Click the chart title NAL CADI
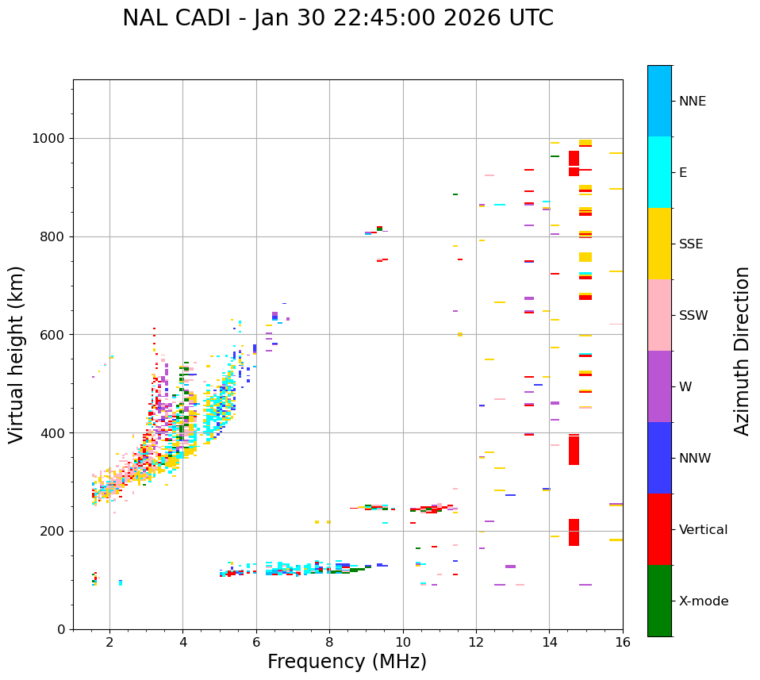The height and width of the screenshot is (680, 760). tap(338, 18)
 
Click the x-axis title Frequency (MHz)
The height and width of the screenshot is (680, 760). tap(347, 662)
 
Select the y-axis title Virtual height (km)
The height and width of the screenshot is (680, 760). tap(17, 354)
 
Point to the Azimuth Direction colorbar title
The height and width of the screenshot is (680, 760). tap(742, 350)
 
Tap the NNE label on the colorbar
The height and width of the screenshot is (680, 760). tap(692, 102)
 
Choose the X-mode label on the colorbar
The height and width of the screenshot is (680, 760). tap(703, 601)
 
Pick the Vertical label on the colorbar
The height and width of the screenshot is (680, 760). tap(703, 530)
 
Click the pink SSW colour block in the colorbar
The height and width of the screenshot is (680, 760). tap(659, 315)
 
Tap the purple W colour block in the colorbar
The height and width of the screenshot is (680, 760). tap(659, 386)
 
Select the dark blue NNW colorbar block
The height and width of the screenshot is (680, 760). tap(659, 458)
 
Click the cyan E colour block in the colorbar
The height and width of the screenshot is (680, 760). tap(659, 172)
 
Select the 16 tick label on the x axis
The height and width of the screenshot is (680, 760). tap(623, 642)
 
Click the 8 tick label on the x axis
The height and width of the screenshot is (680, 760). tap(329, 642)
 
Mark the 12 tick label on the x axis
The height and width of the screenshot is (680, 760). tap(476, 642)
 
